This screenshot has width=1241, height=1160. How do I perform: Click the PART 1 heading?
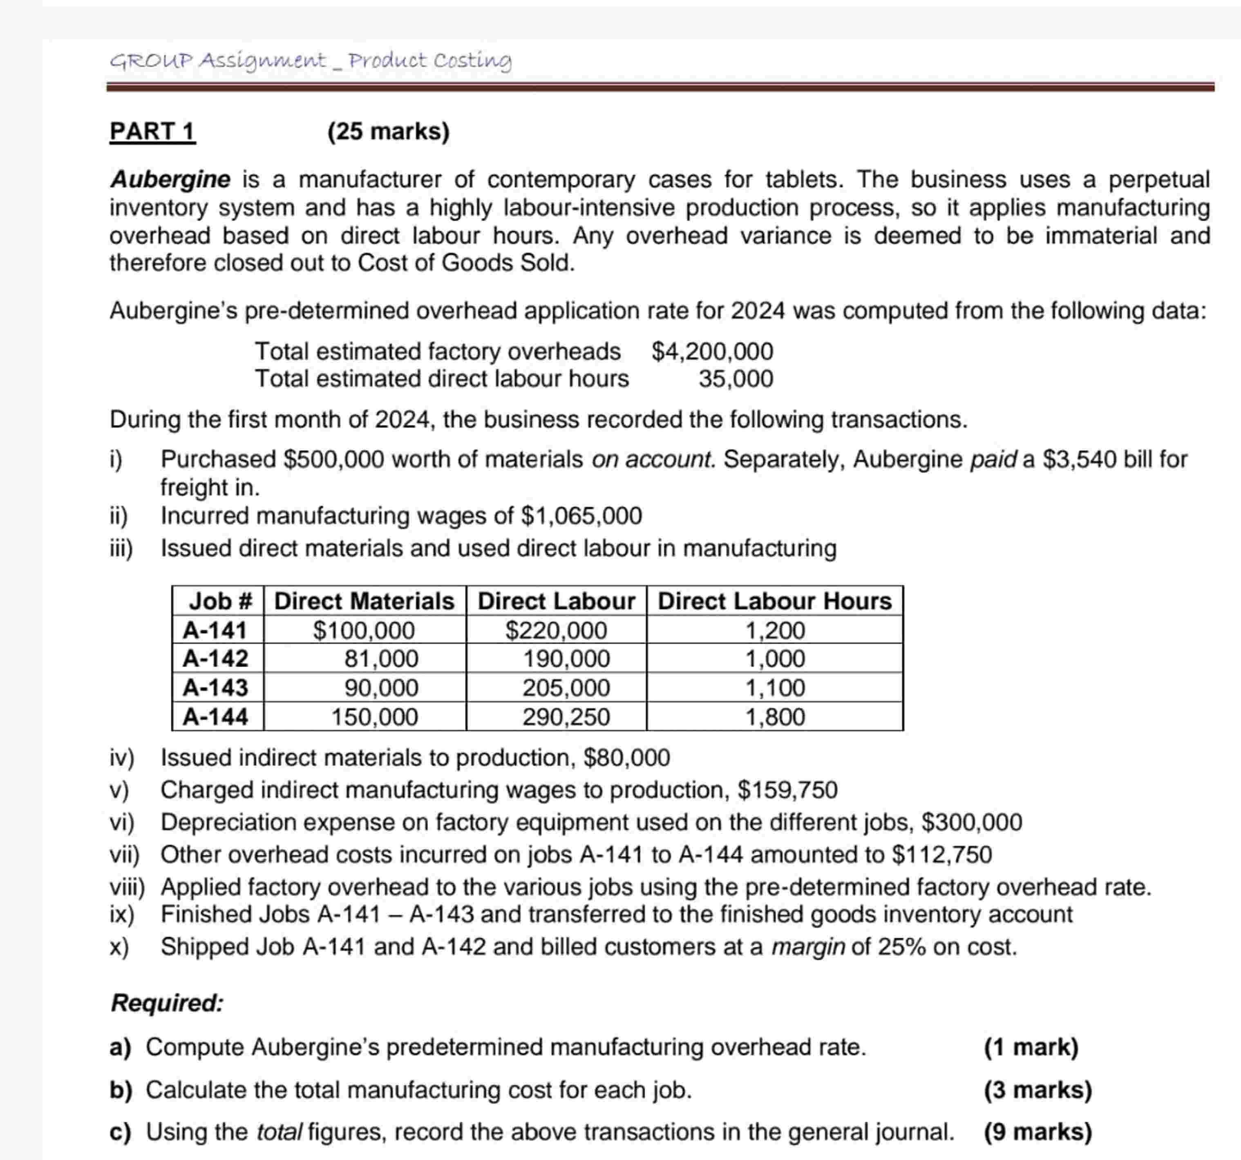coord(152,132)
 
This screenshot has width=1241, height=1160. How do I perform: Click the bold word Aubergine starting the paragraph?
coord(170,180)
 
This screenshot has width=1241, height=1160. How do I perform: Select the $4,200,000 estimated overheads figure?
coord(712,352)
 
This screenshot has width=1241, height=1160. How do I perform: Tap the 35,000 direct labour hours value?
coord(736,379)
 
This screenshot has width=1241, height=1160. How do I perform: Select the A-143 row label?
coord(215,688)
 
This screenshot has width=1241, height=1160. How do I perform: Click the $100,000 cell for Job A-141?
coord(364,631)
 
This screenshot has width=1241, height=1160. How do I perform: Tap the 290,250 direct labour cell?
coord(566,717)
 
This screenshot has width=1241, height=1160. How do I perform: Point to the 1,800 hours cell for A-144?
coord(775,717)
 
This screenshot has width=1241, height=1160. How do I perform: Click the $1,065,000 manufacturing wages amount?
coord(581,516)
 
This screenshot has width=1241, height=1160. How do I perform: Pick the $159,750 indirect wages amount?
coord(787,791)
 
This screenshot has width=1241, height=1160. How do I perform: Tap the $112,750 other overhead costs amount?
coord(942,855)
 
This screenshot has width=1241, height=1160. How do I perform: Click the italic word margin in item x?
coord(808,947)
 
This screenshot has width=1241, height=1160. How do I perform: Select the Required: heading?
coord(167,1003)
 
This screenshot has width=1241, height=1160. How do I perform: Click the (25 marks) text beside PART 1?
coord(388,132)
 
